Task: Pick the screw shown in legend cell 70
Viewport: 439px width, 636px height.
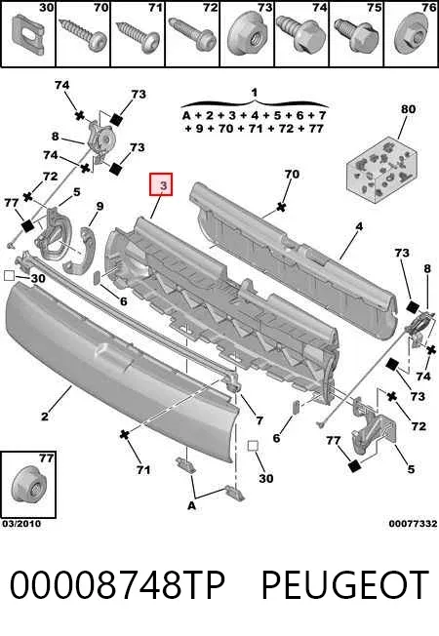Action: [82, 35]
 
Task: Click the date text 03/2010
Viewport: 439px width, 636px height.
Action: [21, 523]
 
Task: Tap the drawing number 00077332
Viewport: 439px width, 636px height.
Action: [413, 523]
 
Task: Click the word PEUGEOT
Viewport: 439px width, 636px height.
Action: [345, 585]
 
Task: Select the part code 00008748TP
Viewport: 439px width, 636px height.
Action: [117, 585]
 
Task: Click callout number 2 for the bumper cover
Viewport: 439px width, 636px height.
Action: [44, 416]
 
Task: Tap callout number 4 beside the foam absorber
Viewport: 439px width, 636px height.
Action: [359, 226]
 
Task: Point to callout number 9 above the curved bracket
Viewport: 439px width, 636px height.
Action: [100, 206]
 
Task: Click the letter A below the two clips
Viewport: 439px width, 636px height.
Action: [191, 505]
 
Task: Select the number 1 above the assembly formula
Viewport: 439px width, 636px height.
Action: [254, 93]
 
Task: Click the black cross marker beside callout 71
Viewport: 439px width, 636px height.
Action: [124, 434]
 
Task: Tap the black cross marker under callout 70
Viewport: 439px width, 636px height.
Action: [280, 207]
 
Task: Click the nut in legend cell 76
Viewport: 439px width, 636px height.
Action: [411, 35]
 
